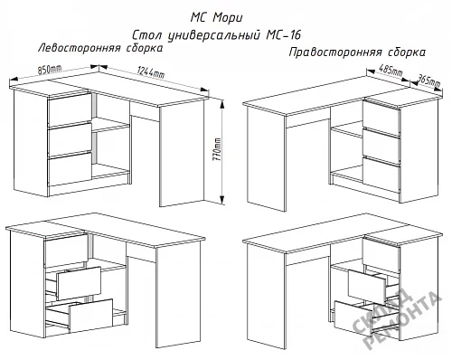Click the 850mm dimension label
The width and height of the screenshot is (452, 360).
(x=50, y=70)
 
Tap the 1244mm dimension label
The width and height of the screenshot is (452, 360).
(x=151, y=72)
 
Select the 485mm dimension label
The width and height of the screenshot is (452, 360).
(x=391, y=71)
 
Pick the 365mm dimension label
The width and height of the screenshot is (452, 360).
(x=428, y=81)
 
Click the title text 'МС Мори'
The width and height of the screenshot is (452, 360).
(x=216, y=18)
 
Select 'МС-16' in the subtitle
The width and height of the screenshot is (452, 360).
(x=284, y=35)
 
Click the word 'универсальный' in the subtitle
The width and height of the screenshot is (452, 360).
(x=213, y=35)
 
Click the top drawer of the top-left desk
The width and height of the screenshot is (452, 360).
(x=70, y=109)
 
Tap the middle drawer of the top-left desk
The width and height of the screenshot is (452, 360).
(x=70, y=139)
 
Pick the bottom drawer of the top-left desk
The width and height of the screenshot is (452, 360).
(x=70, y=168)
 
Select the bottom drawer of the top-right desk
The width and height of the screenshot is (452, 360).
(x=381, y=175)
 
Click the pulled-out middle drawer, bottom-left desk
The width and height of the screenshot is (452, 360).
(x=79, y=283)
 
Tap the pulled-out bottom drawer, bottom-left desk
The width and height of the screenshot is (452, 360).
(x=90, y=316)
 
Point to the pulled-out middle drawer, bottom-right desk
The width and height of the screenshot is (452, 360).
(x=367, y=288)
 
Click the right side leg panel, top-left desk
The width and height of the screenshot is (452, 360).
(x=182, y=154)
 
